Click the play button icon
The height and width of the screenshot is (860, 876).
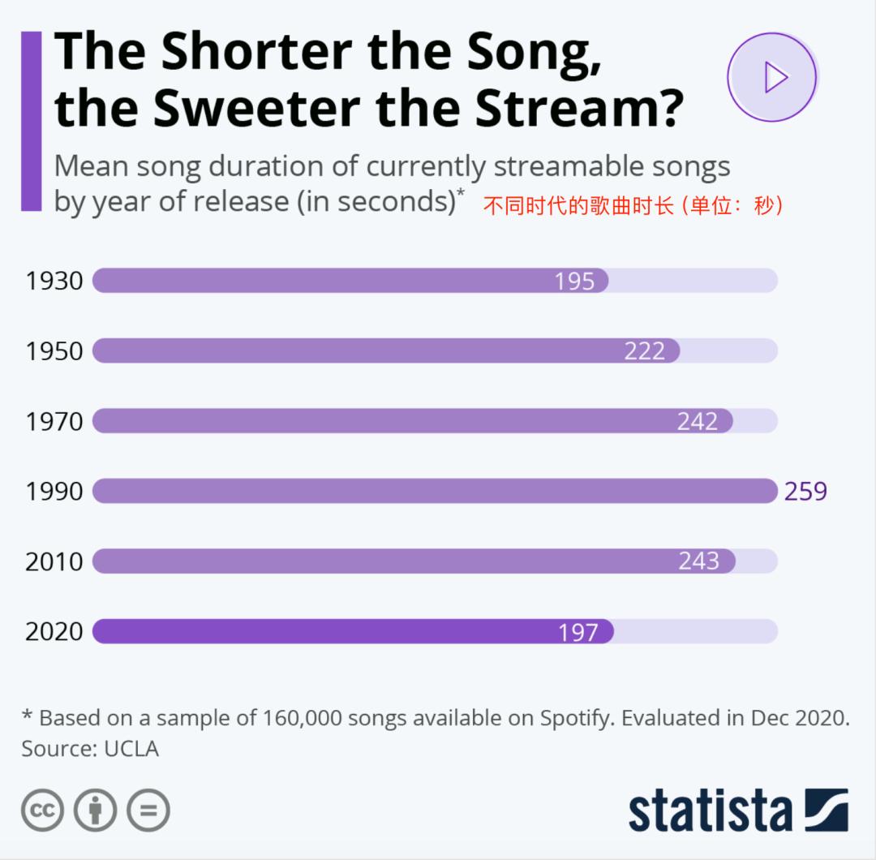tap(771, 78)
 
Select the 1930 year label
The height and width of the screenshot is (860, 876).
tap(54, 281)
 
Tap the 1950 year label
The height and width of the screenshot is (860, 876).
tap(54, 351)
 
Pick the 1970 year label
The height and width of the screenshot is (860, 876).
tap(54, 421)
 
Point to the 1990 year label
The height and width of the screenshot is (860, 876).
tap(54, 491)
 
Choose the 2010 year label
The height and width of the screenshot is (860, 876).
tap(54, 561)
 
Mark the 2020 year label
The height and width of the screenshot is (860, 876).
tap(54, 631)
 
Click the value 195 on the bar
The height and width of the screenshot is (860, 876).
tap(575, 282)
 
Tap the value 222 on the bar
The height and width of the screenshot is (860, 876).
tap(645, 351)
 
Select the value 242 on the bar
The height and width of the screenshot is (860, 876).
tap(698, 421)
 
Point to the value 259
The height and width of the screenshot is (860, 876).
tap(805, 491)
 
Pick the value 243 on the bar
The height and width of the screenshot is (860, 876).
tap(699, 561)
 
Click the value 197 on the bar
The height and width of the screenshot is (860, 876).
tap(578, 632)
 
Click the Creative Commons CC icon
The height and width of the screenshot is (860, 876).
tap(43, 810)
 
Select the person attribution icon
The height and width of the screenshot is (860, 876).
tap(96, 810)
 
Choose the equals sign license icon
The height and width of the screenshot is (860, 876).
tap(148, 810)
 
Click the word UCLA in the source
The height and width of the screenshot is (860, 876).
tap(131, 749)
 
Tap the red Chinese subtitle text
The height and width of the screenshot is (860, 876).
tap(633, 206)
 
